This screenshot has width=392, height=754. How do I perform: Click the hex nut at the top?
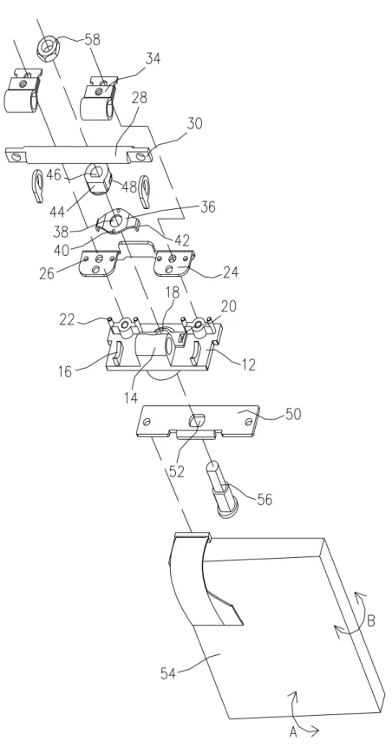click(48, 48)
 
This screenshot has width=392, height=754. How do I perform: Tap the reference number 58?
click(92, 39)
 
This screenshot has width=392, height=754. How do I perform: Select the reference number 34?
click(153, 59)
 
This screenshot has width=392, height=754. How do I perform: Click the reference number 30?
click(194, 123)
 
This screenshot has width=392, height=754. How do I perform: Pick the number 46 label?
click(55, 174)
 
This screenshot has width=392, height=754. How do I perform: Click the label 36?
click(208, 207)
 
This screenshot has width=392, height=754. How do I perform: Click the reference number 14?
click(131, 397)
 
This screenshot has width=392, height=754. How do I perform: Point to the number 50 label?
click(293, 414)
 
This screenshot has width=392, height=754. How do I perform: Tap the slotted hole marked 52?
click(194, 421)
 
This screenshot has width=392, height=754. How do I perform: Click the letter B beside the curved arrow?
click(371, 620)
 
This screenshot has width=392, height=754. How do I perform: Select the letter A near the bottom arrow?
click(293, 732)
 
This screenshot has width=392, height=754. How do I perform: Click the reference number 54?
click(168, 673)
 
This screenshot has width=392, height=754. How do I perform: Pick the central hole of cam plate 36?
click(116, 220)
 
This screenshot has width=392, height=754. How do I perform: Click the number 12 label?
click(248, 364)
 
